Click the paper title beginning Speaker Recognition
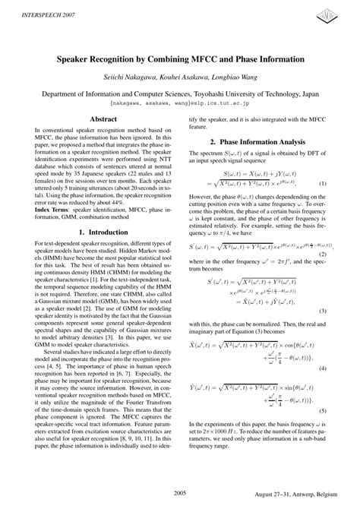coord(180,58)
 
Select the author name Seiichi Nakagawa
coord(130,76)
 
